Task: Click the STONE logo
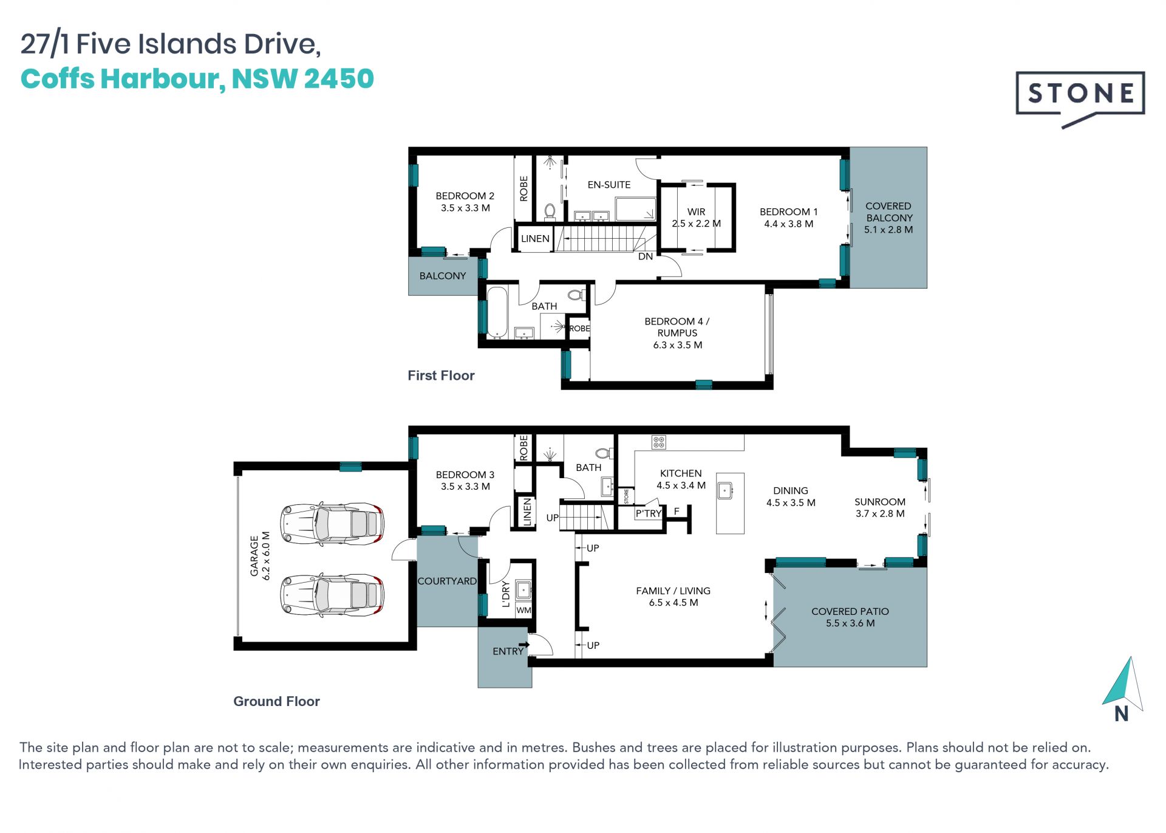point(1080,97)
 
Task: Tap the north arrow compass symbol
point(1123,688)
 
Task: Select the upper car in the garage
point(332,523)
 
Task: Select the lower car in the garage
point(332,594)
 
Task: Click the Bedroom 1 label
point(788,218)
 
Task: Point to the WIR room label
point(696,218)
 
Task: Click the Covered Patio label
point(850,617)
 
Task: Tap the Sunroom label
point(879,507)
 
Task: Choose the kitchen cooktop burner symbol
point(659,442)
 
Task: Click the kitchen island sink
point(725,490)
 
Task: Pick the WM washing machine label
point(523,610)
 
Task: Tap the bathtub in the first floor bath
point(497,312)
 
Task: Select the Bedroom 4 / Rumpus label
point(677,333)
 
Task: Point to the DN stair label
point(645,256)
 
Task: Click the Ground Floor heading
point(276,701)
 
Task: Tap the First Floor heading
point(441,375)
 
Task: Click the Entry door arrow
point(524,645)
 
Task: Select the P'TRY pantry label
point(648,513)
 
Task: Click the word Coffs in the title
point(56,79)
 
